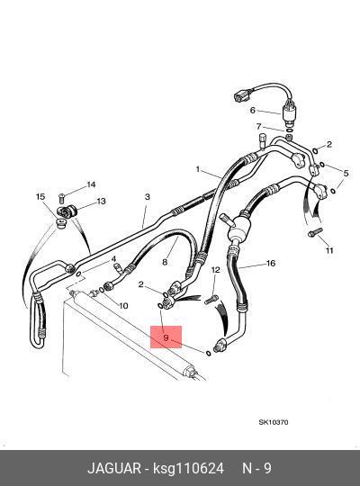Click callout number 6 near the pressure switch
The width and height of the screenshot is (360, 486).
[253, 110]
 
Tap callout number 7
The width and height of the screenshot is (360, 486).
[259, 126]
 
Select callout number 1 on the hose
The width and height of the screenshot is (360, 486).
[198, 169]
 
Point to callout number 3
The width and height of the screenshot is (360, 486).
[148, 197]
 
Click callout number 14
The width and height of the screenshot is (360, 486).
[91, 184]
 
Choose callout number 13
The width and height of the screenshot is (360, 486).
[102, 202]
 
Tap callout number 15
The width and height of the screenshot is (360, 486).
[40, 196]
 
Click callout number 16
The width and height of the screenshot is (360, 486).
[271, 263]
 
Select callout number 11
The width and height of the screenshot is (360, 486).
[329, 250]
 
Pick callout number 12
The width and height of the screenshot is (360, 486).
[215, 270]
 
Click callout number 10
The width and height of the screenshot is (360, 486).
[123, 306]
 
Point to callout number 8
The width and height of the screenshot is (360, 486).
[165, 262]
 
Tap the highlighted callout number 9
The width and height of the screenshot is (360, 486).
[166, 337]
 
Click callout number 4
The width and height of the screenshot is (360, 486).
[113, 259]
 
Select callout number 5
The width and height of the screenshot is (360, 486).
[346, 174]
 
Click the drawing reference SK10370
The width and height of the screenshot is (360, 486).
[274, 422]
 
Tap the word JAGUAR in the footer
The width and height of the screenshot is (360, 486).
[114, 468]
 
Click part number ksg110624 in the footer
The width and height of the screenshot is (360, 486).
[188, 468]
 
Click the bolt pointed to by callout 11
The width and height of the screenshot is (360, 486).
[315, 232]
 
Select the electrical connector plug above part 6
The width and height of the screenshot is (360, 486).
[240, 96]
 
